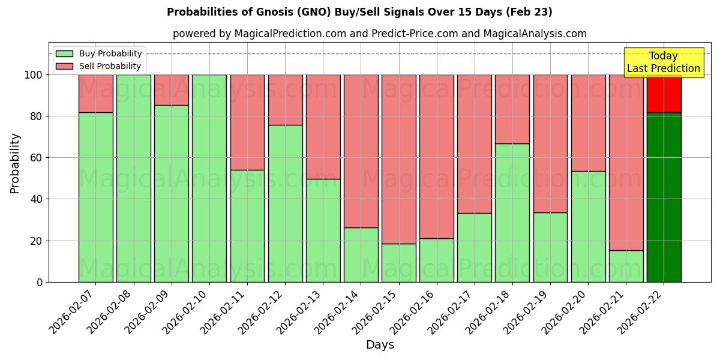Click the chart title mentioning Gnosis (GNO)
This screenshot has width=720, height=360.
359,12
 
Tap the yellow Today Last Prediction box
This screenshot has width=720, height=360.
664,62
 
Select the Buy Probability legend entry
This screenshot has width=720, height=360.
99,53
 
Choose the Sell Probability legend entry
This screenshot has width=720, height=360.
99,66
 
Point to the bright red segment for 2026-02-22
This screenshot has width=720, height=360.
664,94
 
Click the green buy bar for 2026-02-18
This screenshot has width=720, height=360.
512,212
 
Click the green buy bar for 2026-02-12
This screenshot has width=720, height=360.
285,203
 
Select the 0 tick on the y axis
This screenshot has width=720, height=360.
41,282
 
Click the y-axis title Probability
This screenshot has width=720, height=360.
15,163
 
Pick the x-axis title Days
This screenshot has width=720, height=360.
380,345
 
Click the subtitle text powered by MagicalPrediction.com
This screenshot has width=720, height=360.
379,34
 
